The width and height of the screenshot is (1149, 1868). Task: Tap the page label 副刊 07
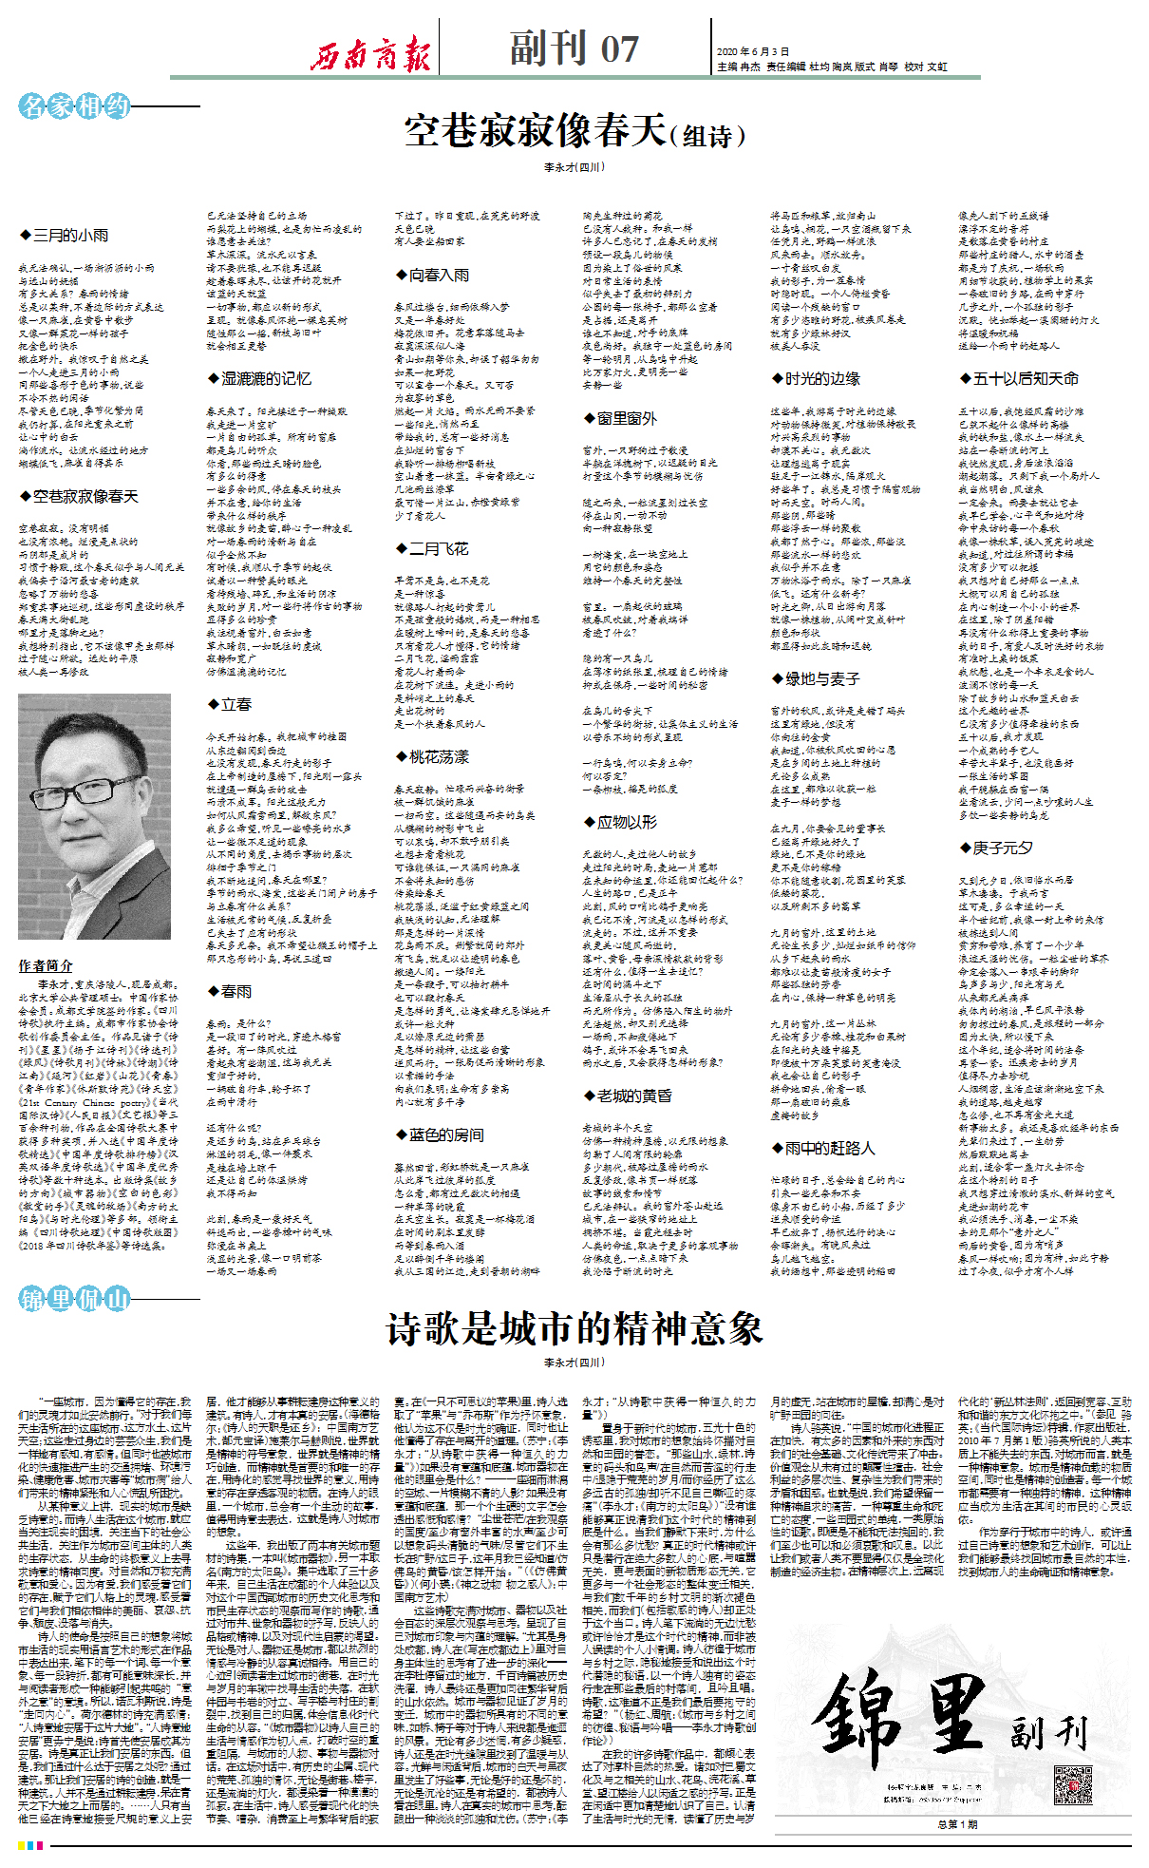point(574,48)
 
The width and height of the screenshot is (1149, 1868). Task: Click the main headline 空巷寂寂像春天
point(574,131)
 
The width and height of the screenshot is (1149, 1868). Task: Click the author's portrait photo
point(94,816)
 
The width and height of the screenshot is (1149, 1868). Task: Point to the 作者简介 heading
point(45,965)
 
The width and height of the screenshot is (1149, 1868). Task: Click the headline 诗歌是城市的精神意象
point(574,1328)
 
